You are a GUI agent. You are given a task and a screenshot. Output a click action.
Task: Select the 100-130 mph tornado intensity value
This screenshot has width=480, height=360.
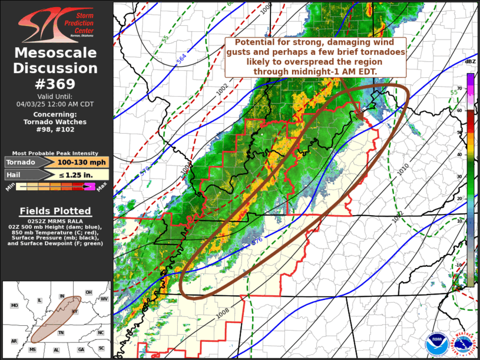click(x=82, y=162)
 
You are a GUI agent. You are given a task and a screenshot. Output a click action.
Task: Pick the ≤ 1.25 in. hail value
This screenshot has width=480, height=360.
click(x=82, y=174)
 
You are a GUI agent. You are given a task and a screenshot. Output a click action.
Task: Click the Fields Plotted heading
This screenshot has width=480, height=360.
click(x=55, y=211)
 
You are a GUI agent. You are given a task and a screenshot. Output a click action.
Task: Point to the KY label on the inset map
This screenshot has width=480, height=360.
click(x=74, y=311)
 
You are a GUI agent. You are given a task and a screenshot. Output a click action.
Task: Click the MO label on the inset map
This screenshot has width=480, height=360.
click(x=14, y=306)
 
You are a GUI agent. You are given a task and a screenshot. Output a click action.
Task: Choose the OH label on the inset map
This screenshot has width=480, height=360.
click(x=88, y=292)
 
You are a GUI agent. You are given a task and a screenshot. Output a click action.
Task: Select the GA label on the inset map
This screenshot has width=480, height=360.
click(x=81, y=349)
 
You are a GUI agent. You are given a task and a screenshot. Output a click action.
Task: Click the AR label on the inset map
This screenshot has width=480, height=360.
click(x=14, y=341)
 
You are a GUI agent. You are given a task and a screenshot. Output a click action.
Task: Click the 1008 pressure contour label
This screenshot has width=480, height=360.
click(x=222, y=315)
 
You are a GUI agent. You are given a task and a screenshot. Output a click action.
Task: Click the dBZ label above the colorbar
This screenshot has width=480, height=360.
click(x=470, y=62)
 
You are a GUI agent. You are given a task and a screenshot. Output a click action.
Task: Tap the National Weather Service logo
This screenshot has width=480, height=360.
click(x=462, y=344)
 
